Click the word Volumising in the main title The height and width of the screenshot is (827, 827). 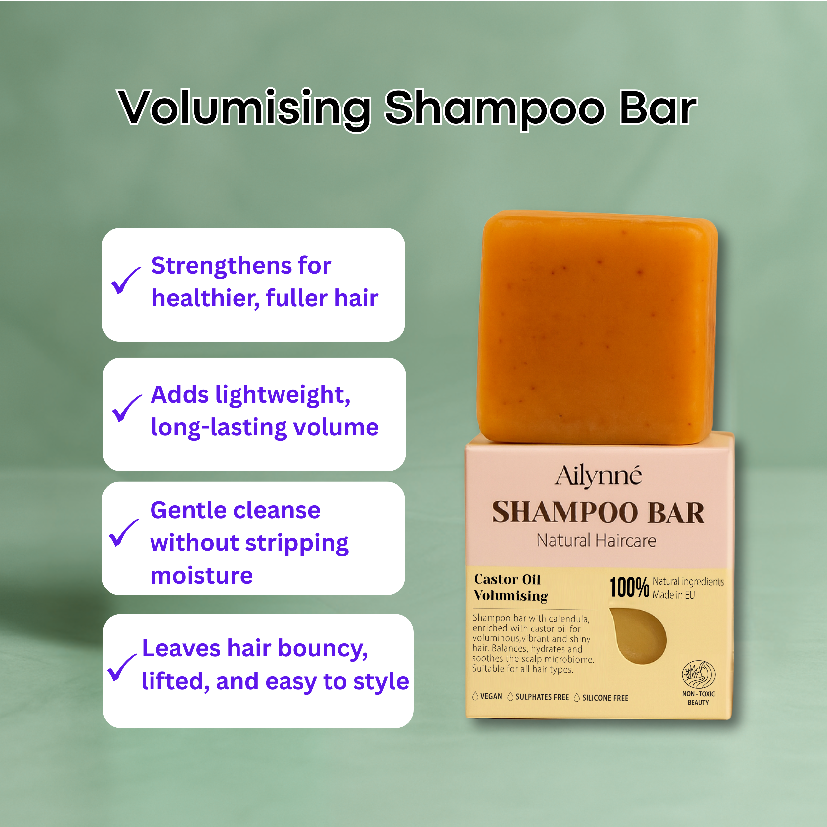point(244,109)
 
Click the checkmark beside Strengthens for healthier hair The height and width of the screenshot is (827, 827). point(126,281)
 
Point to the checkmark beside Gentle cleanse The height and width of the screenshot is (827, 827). point(124,533)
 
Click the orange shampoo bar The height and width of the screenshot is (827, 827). point(597,326)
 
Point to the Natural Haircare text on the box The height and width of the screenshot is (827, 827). point(596,540)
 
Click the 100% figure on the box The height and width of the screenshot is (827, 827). point(629,587)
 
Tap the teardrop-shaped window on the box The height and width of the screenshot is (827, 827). point(638,636)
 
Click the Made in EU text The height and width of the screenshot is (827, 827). point(674,595)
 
